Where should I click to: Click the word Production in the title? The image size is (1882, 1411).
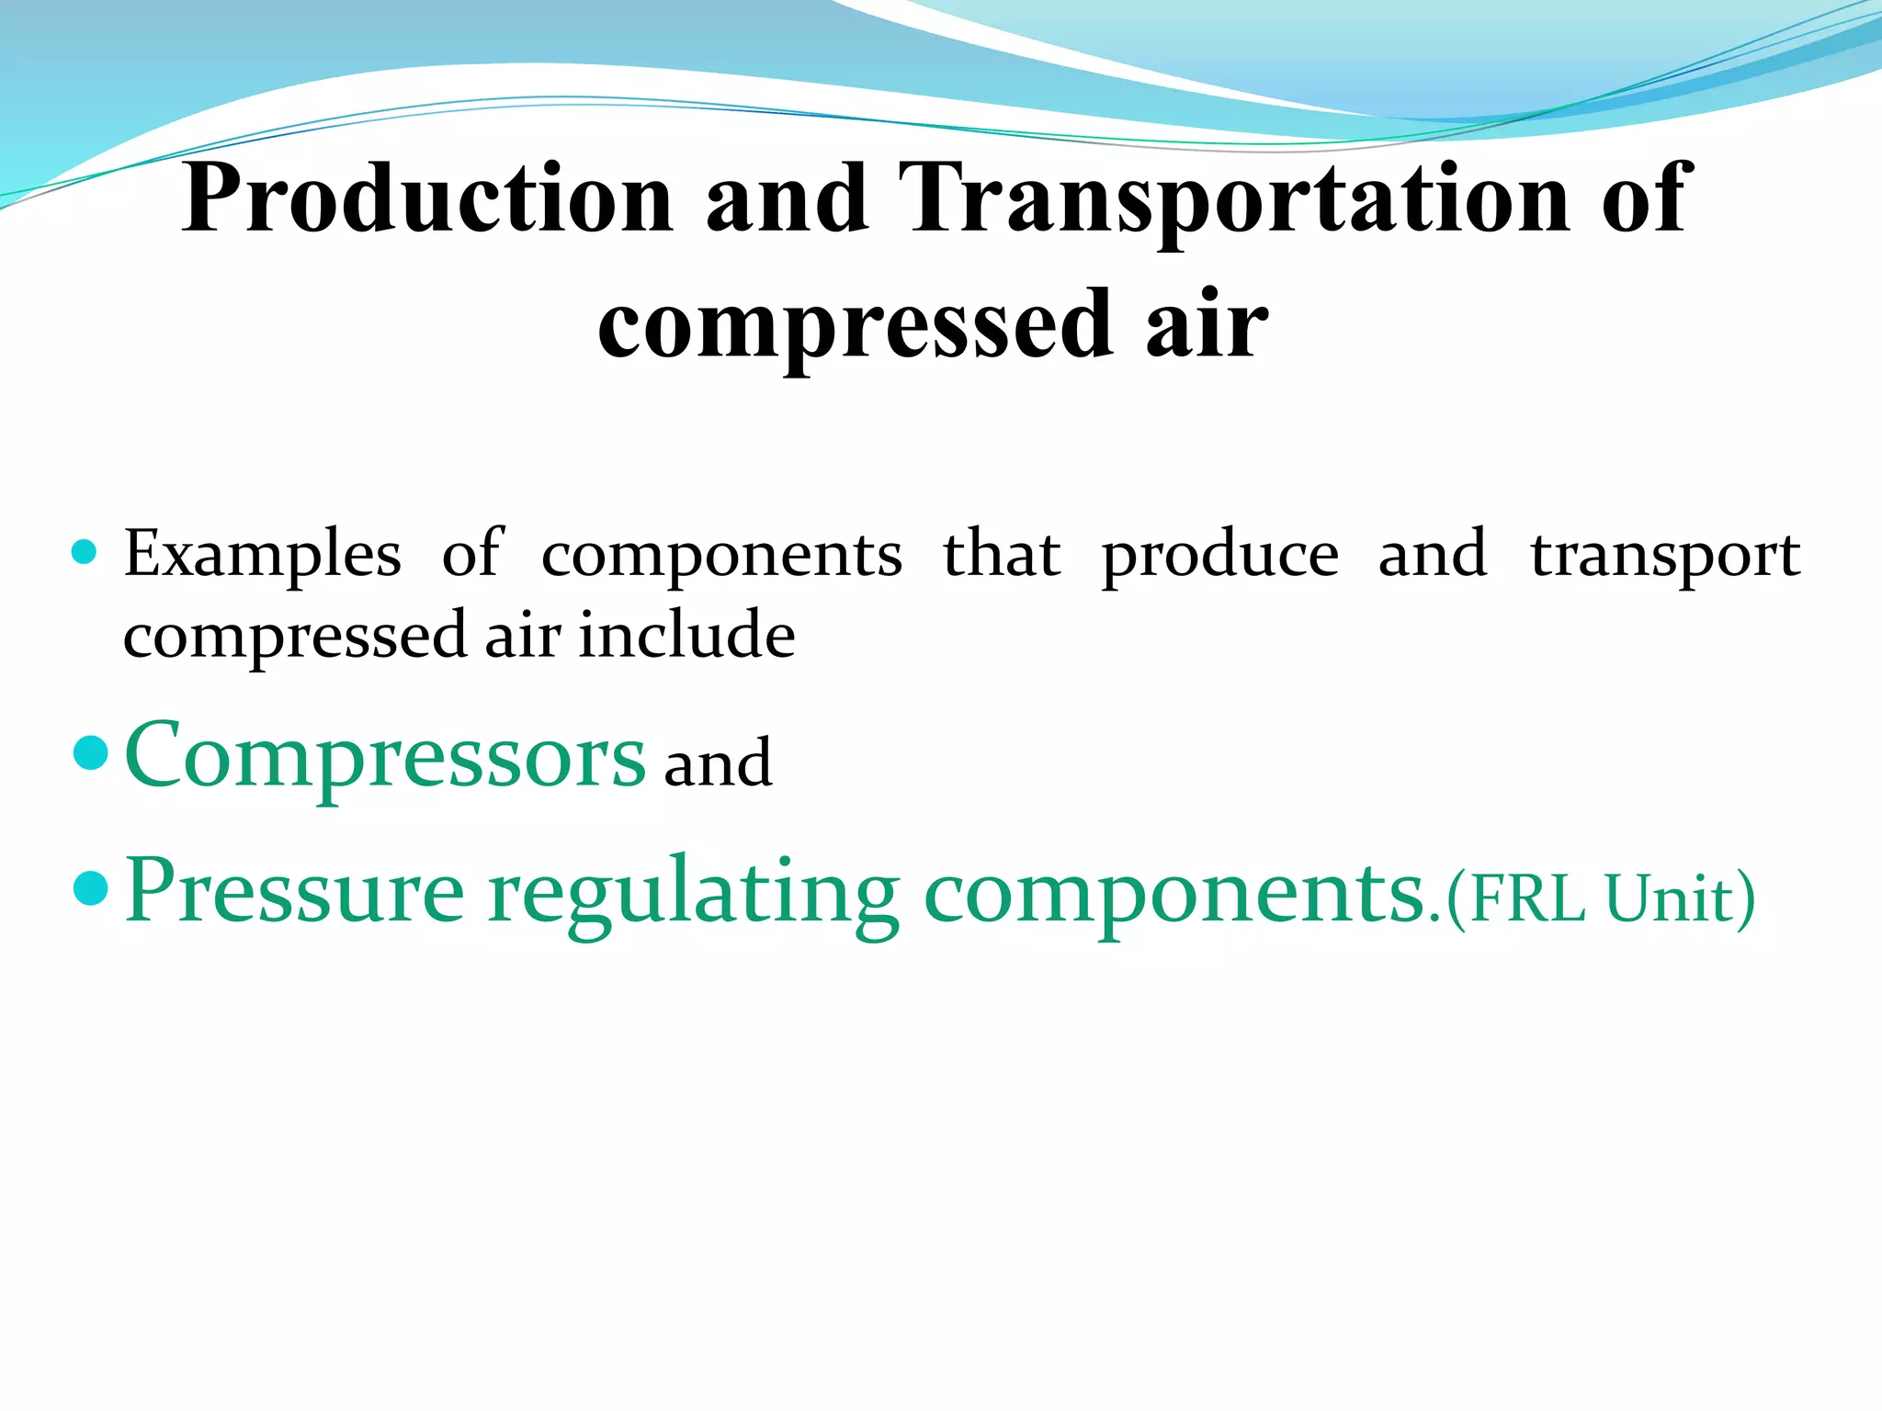click(427, 198)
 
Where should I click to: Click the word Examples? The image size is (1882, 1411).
click(263, 554)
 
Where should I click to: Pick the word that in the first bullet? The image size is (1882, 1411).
click(1002, 554)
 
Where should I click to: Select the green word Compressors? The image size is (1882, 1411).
click(385, 755)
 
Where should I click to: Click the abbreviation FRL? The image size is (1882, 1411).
click(1526, 897)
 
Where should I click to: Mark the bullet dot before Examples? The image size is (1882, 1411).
click(84, 552)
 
